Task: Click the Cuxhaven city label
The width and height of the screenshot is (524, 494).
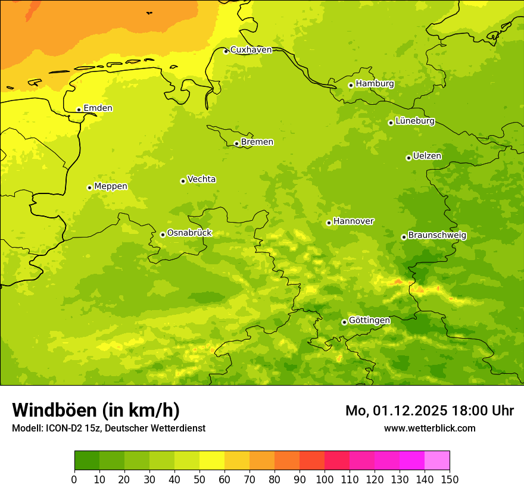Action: click(251, 50)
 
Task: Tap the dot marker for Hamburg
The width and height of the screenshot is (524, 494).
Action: click(351, 85)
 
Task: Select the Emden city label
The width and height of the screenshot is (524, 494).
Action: click(98, 108)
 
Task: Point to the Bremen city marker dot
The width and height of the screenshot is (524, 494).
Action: click(236, 143)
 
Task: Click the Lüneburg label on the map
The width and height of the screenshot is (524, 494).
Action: click(414, 121)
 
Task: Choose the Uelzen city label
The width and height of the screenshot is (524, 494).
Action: click(427, 157)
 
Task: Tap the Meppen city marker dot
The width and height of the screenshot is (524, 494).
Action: click(89, 187)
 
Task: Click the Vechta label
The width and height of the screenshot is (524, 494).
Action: click(201, 179)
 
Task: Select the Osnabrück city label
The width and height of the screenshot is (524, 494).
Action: click(189, 233)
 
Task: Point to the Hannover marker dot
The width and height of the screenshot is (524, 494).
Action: click(329, 223)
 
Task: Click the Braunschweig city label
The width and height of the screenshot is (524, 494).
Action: click(437, 236)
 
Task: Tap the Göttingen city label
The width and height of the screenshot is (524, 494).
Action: click(369, 320)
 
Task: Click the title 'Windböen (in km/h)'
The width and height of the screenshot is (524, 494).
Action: click(96, 411)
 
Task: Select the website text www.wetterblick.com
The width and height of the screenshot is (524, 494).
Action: click(429, 429)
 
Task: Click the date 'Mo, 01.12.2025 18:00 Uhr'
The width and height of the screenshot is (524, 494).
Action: click(429, 411)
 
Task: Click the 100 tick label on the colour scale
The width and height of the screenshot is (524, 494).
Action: click(325, 479)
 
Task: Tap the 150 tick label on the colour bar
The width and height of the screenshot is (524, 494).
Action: click(450, 479)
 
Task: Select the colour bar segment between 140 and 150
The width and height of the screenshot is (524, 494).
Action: click(437, 461)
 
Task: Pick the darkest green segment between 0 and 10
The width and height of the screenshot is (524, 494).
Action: click(87, 461)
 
